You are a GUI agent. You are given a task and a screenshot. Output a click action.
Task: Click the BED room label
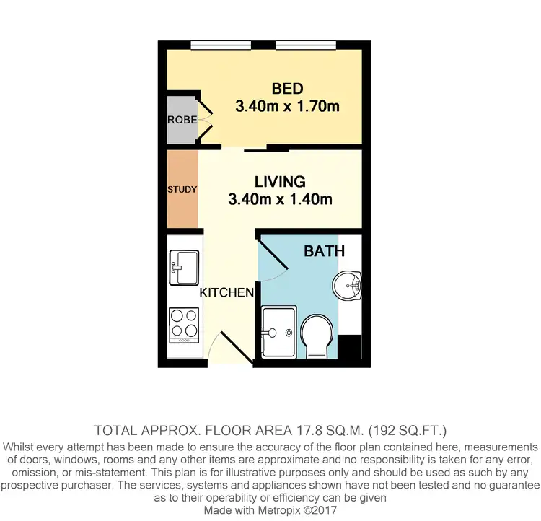287,89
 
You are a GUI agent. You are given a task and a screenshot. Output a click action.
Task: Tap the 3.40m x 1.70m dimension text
287,107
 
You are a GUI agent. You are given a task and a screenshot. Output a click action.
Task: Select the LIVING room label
280,181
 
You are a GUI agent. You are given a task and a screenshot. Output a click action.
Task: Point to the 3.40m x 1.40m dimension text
280,199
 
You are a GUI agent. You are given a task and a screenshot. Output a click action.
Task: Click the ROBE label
182,120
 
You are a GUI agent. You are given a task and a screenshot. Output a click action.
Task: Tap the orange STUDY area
182,189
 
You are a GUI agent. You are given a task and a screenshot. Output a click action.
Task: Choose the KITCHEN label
226,292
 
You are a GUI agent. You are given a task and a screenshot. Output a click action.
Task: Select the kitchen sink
183,267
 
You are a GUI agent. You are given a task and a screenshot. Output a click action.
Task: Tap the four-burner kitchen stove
183,325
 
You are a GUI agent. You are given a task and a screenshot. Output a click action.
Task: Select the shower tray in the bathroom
278,333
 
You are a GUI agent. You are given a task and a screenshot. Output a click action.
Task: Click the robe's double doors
205,120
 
